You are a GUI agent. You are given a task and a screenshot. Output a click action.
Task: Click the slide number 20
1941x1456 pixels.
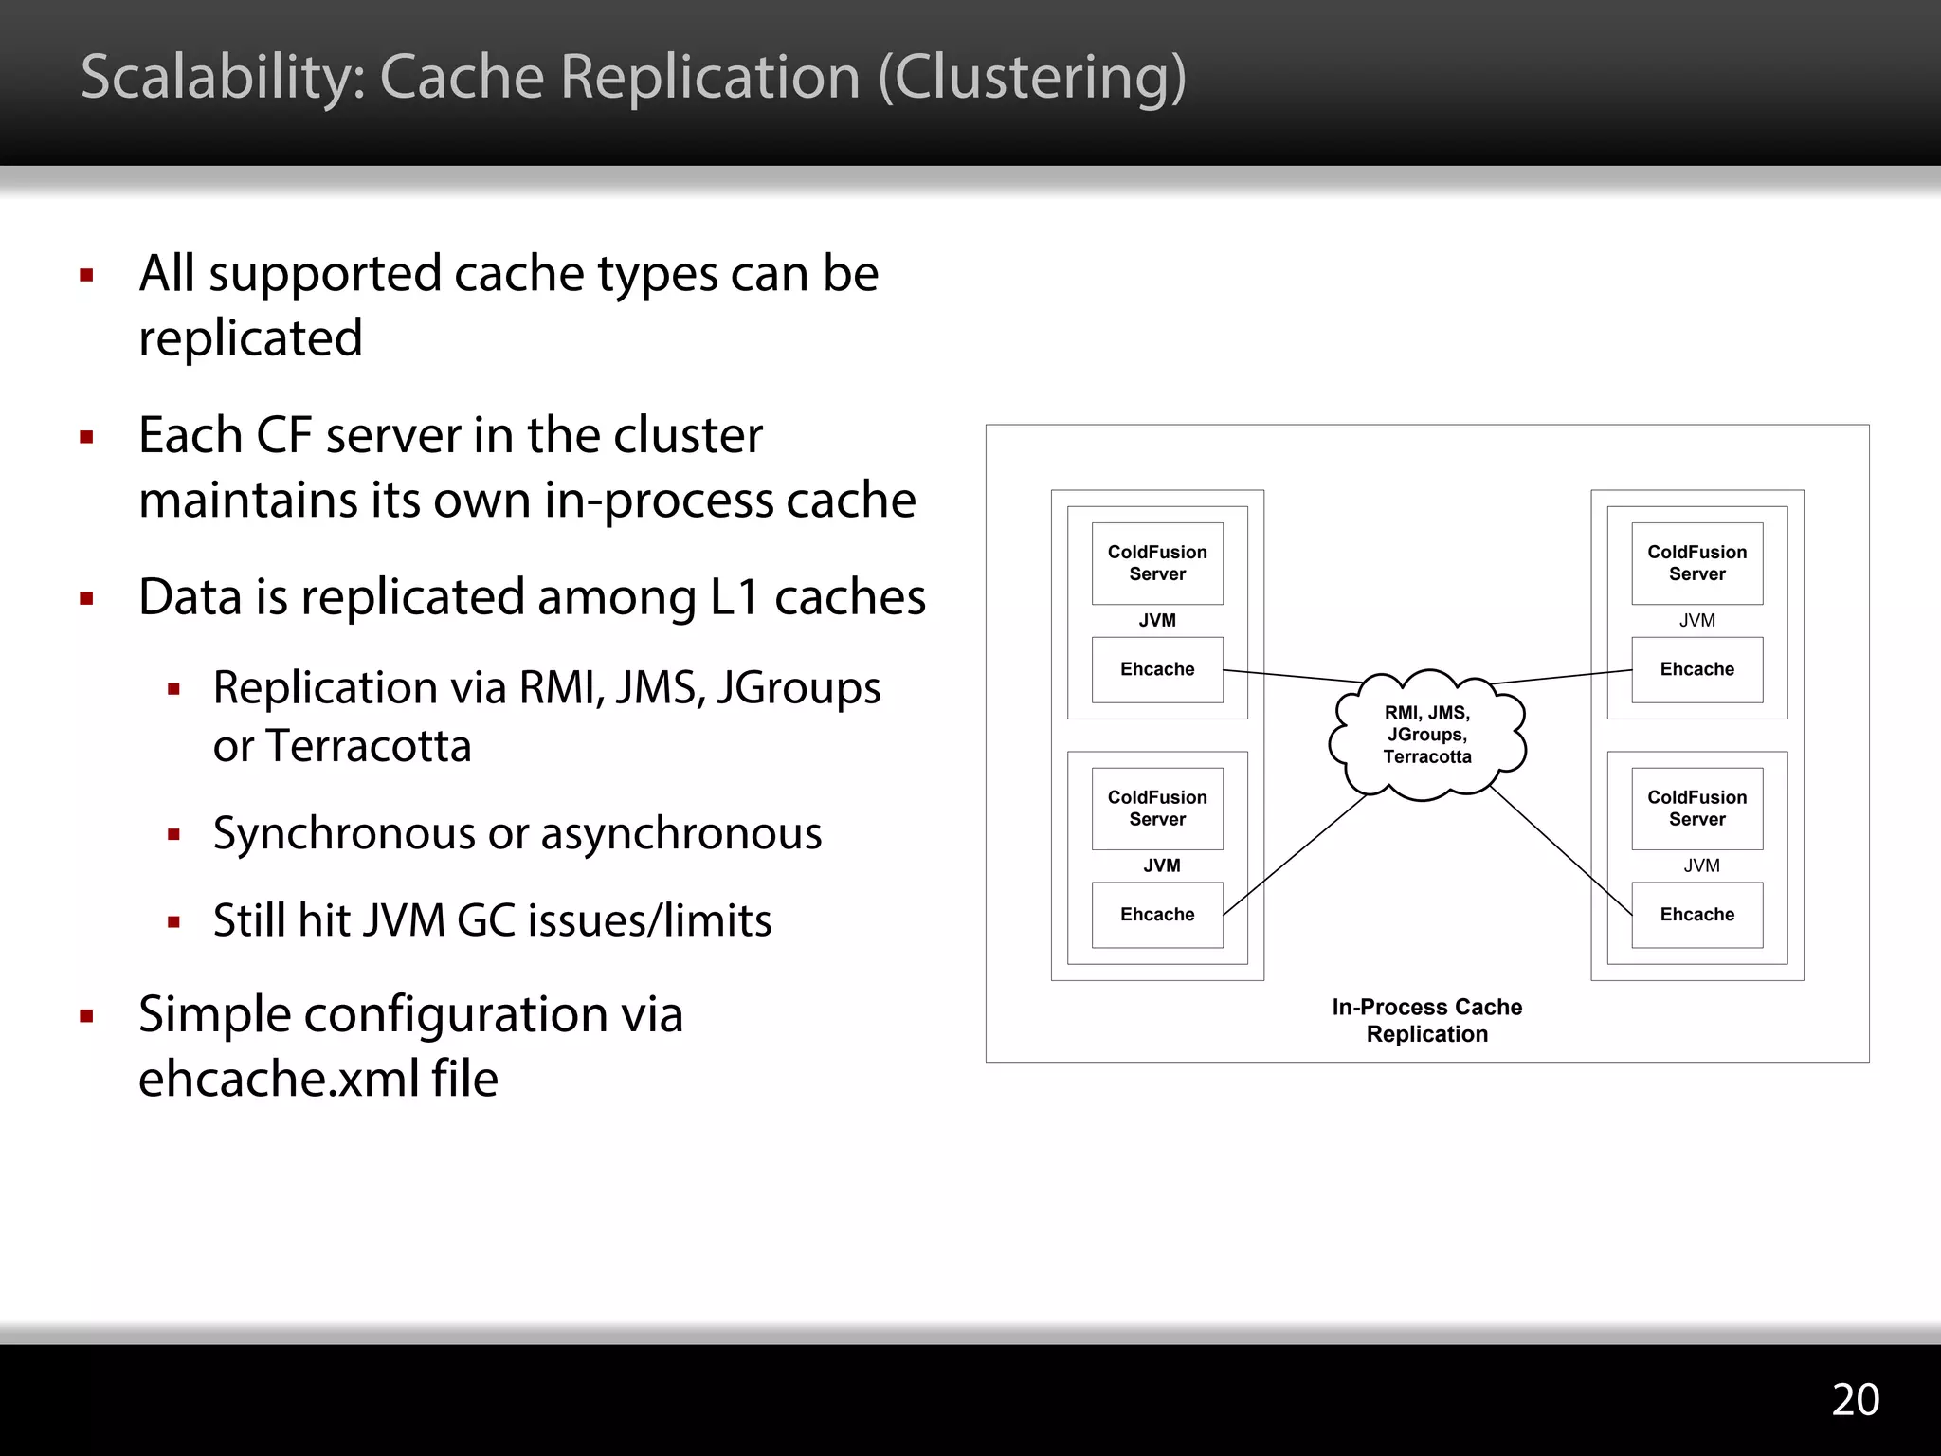click(1855, 1399)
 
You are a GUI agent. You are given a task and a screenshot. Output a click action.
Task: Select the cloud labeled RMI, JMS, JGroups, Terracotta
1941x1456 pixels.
click(1427, 735)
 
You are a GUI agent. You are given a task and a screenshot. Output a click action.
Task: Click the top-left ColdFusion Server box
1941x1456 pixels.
click(1157, 563)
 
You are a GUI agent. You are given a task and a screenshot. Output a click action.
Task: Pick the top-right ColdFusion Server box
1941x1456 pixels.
click(1696, 563)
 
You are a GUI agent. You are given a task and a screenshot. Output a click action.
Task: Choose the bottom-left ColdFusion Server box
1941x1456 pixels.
click(1157, 809)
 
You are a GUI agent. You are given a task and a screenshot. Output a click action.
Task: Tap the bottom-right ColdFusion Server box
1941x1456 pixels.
click(1696, 809)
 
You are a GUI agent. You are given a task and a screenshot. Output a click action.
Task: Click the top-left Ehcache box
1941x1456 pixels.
click(1157, 669)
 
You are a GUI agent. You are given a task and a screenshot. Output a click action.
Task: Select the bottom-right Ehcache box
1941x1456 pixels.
click(1696, 915)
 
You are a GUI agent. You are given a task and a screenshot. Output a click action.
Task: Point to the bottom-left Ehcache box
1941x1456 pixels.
click(1157, 915)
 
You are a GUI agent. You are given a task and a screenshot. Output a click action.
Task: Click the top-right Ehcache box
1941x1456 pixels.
click(1696, 669)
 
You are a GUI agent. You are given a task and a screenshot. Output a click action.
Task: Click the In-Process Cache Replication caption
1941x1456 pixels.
click(1426, 1020)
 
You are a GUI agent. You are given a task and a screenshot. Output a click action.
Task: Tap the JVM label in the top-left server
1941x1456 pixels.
click(1157, 620)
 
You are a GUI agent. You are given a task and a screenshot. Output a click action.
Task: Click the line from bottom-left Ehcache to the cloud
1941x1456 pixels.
click(1295, 855)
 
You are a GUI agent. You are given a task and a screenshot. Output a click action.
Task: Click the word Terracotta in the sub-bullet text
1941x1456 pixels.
click(368, 746)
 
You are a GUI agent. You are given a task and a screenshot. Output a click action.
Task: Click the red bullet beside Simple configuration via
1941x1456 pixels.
click(87, 1016)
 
